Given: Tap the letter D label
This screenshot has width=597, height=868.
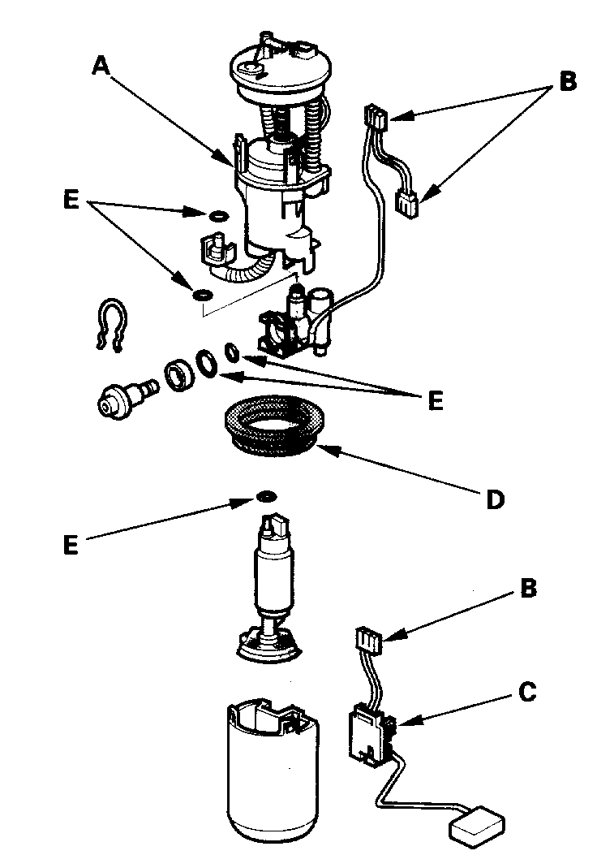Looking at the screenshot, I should [495, 498].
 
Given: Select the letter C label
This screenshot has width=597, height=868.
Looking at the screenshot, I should [526, 693].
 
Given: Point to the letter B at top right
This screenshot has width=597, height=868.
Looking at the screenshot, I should [568, 82].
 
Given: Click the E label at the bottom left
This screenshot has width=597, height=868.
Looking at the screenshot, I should [71, 545].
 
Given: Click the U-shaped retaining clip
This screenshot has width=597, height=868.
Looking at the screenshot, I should [111, 324].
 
